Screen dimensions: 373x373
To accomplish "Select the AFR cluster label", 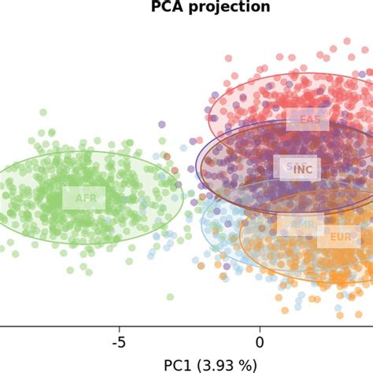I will pos(83,198).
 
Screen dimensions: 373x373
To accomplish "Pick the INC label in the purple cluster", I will pos(304,169).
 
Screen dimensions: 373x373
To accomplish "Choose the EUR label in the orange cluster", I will pos(340,236).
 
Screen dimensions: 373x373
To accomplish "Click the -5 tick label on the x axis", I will pos(119,342).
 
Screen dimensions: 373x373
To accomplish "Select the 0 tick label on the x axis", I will pos(260,342).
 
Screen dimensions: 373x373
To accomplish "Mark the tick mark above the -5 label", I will pos(120,327).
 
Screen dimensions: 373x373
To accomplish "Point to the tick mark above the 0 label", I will pos(260,327).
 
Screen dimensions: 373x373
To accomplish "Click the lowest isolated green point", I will pos(170,297).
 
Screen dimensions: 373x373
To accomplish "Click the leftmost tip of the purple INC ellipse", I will pos(196,167).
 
